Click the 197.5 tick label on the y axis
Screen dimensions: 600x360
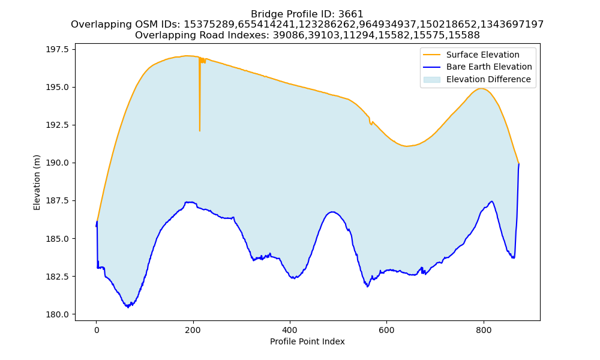(58, 50)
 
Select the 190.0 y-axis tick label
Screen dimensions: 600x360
(58, 163)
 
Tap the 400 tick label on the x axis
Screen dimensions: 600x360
(290, 330)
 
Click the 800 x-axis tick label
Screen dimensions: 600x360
(484, 330)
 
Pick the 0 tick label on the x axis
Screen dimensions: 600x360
(97, 330)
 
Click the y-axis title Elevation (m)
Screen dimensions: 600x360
(37, 182)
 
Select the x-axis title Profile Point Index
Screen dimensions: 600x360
(307, 341)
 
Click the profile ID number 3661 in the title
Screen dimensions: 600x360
(350, 14)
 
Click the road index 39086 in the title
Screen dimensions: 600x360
(289, 35)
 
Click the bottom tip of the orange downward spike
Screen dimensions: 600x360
(200, 131)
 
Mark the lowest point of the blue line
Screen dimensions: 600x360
(128, 307)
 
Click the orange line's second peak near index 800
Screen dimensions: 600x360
(481, 89)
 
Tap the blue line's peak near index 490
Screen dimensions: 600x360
(332, 212)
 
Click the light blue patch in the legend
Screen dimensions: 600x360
(431, 80)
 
